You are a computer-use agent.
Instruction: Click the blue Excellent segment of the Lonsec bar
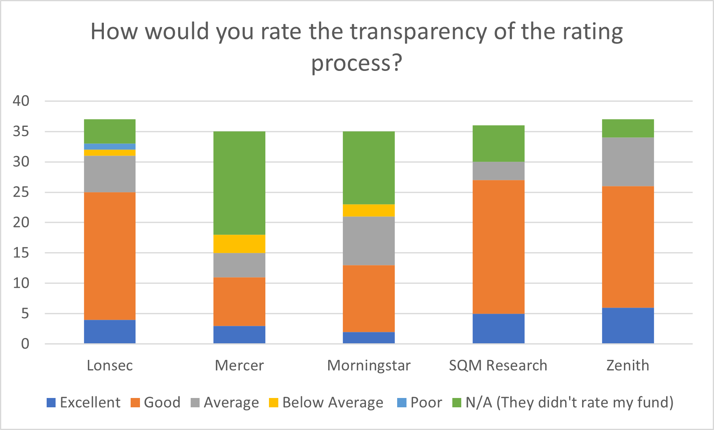pos(110,332)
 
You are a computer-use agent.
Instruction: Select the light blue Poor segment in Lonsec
pos(110,146)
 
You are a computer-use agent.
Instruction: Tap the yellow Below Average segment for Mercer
pos(239,244)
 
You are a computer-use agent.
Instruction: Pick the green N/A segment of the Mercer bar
pos(239,183)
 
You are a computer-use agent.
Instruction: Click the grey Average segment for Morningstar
pos(369,241)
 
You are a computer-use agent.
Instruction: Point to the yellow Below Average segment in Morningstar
pos(369,210)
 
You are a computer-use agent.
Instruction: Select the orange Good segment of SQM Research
pos(498,247)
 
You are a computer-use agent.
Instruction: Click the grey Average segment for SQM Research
pos(498,171)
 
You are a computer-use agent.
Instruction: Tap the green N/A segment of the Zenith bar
pos(628,128)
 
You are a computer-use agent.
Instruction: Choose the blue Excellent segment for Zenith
pos(628,325)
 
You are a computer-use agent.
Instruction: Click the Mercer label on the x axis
pos(239,366)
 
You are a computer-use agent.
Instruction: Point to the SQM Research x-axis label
pos(498,366)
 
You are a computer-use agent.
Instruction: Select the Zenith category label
pos(628,366)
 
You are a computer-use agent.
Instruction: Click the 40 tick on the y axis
pos(21,101)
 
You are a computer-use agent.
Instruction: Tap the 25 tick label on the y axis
pos(21,192)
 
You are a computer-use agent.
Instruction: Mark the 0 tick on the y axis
pos(25,344)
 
